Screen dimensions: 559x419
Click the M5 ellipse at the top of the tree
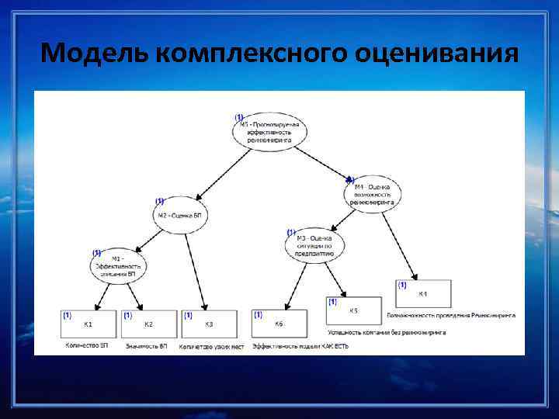click(x=270, y=133)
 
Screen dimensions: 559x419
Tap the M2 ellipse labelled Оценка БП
click(x=180, y=215)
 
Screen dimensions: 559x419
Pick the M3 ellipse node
click(x=315, y=245)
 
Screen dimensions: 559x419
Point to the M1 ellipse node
click(x=118, y=265)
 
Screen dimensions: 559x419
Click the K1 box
click(x=89, y=324)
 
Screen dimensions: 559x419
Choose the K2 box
click(x=149, y=324)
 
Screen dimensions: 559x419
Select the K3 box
click(x=209, y=324)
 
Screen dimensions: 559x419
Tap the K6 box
click(x=279, y=324)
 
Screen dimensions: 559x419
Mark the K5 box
click(x=354, y=312)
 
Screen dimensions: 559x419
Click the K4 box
click(x=423, y=295)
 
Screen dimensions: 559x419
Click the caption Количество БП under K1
click(x=87, y=346)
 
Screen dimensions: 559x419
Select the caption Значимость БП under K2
click(x=147, y=346)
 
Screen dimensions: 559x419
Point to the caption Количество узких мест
click(x=211, y=346)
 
